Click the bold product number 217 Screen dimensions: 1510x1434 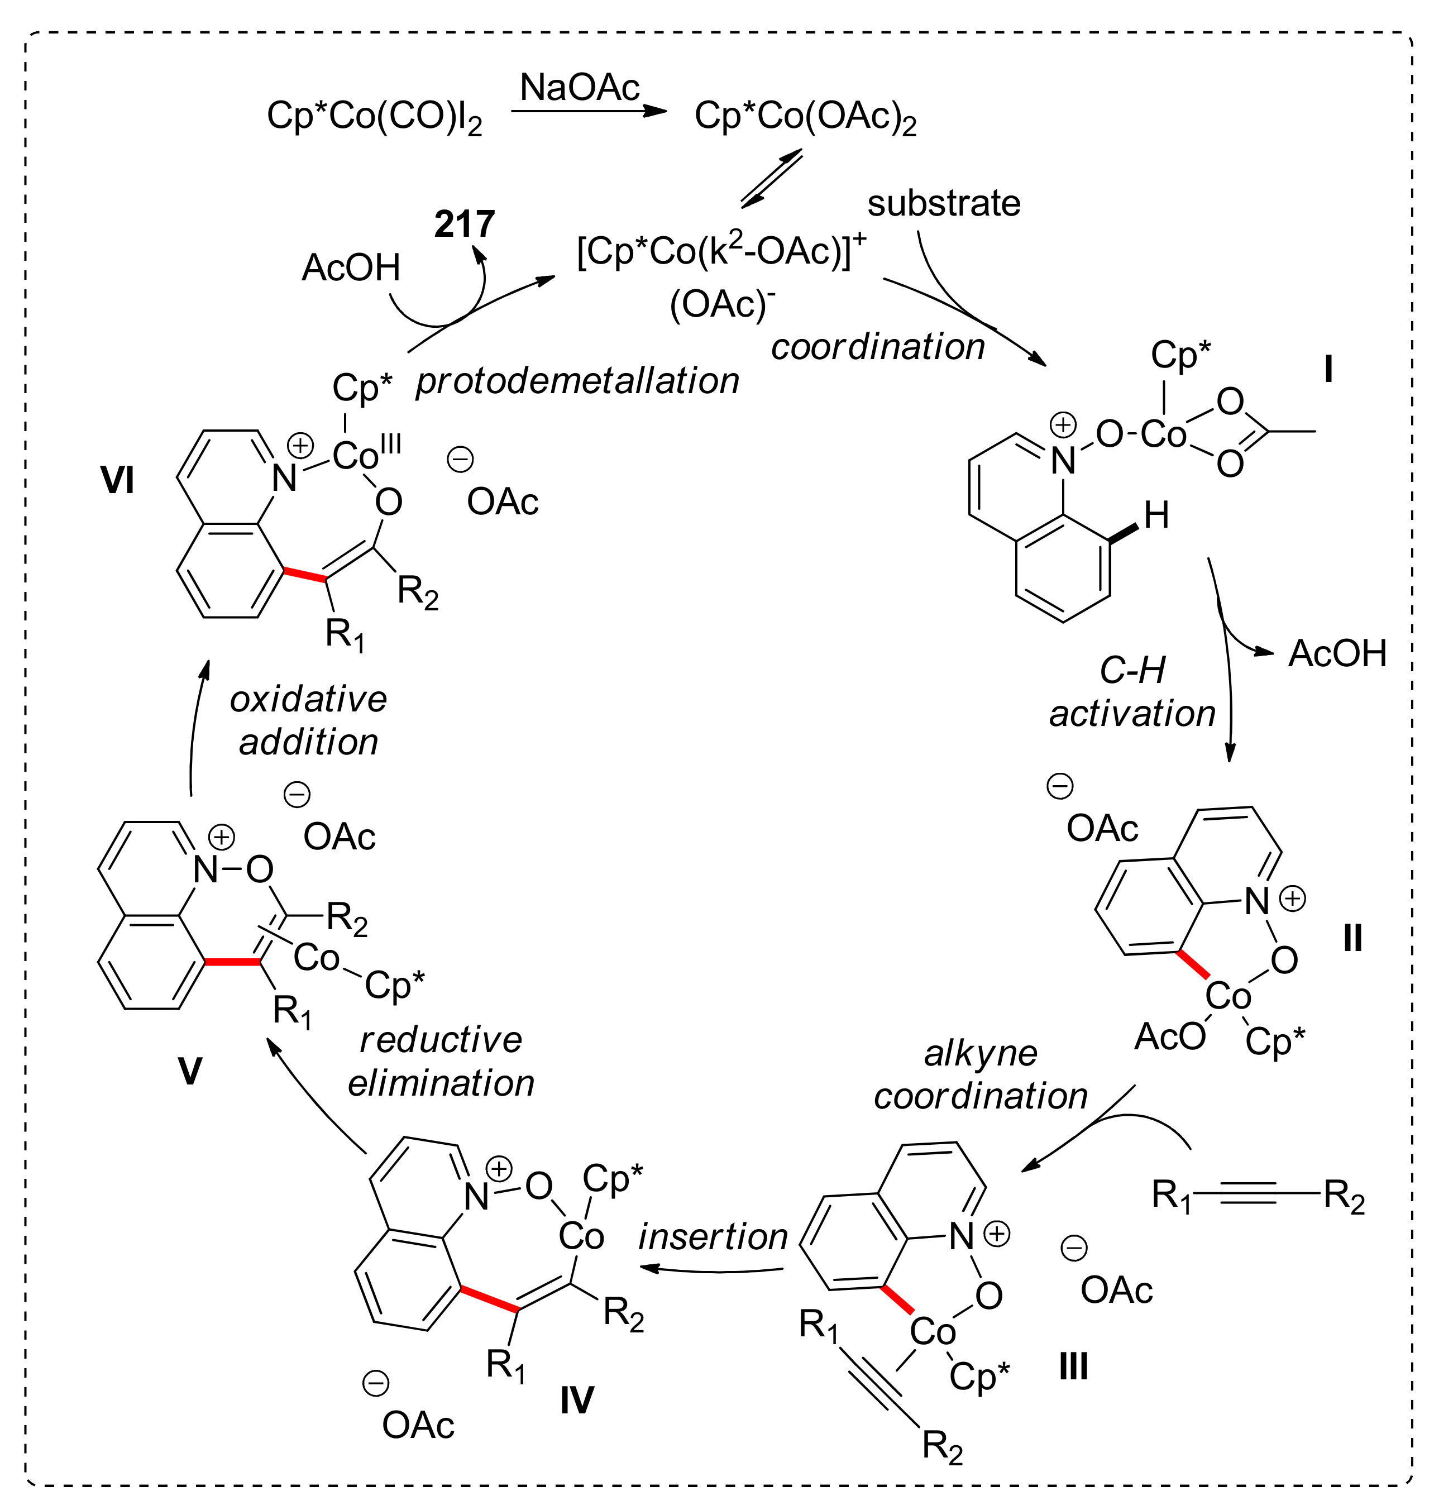tap(464, 224)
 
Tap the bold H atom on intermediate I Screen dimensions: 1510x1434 tap(1156, 515)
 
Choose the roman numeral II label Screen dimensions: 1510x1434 tap(1352, 938)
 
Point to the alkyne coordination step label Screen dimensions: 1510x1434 tap(981, 1075)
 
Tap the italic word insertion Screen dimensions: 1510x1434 tap(713, 1236)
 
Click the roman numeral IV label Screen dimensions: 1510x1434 tap(576, 1400)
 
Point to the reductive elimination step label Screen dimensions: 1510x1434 tap(441, 1061)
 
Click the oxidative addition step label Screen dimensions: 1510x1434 tap(308, 720)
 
